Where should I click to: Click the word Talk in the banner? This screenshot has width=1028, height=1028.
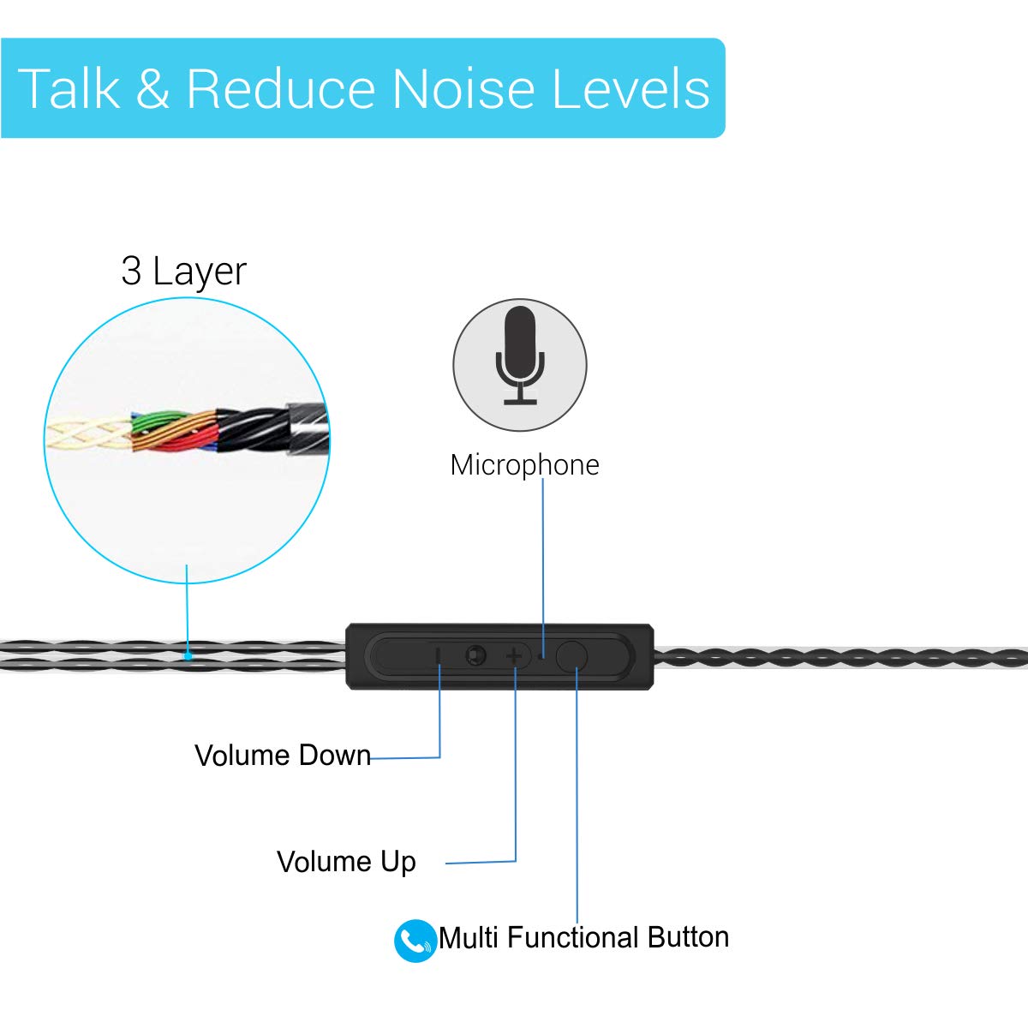point(69,89)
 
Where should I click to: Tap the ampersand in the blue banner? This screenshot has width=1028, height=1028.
point(152,89)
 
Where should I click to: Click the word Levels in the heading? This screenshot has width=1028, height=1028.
point(631,89)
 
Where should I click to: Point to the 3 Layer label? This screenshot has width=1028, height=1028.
point(183,272)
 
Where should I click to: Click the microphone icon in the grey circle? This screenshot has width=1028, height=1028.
point(520,355)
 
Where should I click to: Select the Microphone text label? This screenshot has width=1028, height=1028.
point(524,465)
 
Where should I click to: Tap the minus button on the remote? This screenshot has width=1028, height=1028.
point(439,656)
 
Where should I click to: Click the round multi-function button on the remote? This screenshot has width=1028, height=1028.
point(572,656)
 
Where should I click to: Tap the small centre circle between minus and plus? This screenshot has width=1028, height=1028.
point(475,656)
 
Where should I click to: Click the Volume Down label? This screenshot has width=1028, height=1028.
point(283,756)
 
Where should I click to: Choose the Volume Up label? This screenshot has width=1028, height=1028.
point(346,862)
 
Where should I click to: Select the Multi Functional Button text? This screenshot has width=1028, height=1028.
point(583,937)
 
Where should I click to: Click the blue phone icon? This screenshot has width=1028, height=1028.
point(415,941)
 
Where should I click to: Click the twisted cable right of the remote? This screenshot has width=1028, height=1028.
point(840,658)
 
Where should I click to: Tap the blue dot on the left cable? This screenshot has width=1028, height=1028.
point(188,655)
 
